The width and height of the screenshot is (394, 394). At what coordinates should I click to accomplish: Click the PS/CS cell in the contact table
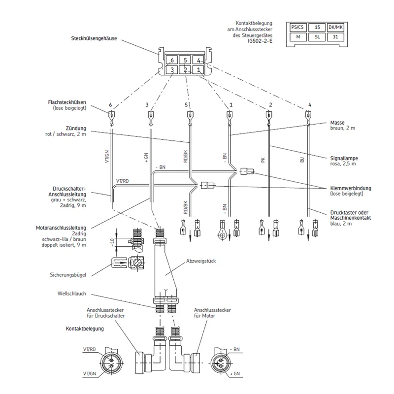298,28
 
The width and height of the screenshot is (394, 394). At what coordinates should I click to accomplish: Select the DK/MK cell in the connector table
336,28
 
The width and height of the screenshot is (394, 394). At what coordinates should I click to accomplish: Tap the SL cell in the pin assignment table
317,37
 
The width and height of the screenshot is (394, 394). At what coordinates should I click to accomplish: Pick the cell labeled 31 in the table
336,37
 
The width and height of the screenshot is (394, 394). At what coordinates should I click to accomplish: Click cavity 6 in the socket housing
172,60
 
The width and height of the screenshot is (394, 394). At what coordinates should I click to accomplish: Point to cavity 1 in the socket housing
198,69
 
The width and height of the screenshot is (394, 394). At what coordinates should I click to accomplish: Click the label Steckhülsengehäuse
94,38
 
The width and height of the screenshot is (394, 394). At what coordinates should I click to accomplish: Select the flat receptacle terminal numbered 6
111,118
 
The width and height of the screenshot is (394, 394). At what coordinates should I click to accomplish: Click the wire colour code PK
263,160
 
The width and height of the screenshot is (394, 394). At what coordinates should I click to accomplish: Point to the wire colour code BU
302,160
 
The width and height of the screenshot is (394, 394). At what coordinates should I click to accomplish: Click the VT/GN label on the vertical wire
107,157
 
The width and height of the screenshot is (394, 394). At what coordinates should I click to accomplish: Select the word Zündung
76,129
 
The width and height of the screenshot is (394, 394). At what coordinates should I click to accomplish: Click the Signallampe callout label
344,158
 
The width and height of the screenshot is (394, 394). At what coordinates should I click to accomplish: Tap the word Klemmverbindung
351,188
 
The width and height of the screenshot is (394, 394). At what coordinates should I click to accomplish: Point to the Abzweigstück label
201,261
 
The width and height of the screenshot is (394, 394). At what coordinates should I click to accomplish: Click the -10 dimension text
112,242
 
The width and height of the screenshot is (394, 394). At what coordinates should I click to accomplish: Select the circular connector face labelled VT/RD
112,363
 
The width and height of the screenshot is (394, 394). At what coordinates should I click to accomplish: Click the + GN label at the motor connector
235,374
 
